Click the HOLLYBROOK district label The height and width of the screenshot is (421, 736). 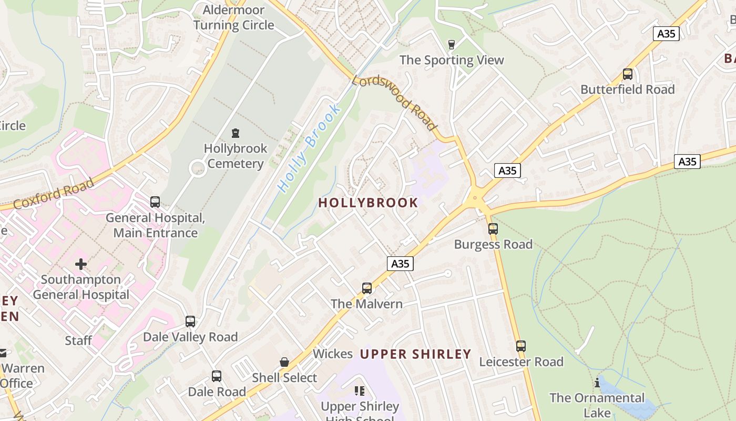pos(368,203)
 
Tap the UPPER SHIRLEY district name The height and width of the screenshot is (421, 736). pos(415,354)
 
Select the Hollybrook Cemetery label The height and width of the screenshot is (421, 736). pos(236,156)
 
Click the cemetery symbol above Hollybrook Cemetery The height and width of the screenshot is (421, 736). pos(235,133)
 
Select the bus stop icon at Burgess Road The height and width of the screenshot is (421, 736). pos(493,229)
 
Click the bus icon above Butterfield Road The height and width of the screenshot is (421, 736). pos(627,74)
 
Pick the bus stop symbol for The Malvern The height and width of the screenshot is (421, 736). pos(367,288)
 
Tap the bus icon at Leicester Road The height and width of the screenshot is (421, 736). pos(520,346)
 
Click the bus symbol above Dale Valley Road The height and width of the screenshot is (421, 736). pos(190,322)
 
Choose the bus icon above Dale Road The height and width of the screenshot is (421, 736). pos(217,376)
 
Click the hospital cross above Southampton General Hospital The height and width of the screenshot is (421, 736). pos(81,264)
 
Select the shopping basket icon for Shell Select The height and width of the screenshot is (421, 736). pos(284,362)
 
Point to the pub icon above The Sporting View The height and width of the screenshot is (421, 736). pos(451,45)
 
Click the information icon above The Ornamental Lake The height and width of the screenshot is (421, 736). pos(597,383)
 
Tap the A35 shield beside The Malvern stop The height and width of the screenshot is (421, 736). pos(400,264)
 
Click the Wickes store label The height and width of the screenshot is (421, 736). pos(332,354)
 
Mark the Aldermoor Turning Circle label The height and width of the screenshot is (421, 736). pos(233,17)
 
